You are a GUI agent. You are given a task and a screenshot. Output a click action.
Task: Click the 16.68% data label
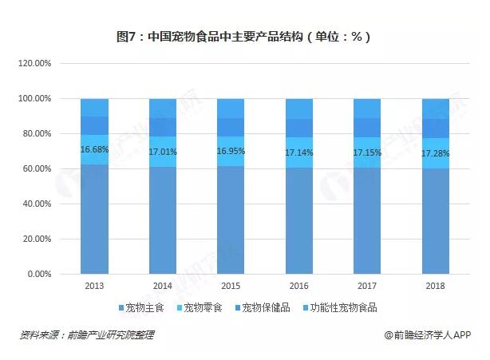[94, 150]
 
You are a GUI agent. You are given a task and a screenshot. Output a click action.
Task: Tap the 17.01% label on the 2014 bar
[163, 152]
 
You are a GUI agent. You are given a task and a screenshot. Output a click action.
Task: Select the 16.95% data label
[231, 151]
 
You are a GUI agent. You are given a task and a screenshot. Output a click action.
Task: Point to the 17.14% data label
[299, 152]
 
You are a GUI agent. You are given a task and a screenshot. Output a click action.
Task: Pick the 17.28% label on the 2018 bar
[436, 152]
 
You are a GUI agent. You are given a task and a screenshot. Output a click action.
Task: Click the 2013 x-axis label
[94, 285]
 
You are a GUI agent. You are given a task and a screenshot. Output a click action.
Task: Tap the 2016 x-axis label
[299, 285]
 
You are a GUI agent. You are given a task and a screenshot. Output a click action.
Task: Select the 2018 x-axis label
[436, 285]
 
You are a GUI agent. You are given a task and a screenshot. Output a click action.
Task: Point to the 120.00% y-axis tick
[35, 63]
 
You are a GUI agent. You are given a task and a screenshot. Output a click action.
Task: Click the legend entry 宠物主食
[143, 307]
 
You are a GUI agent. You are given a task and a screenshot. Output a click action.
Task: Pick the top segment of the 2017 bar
[367, 108]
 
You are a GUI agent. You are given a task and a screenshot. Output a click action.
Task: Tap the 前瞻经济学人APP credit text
[429, 335]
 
